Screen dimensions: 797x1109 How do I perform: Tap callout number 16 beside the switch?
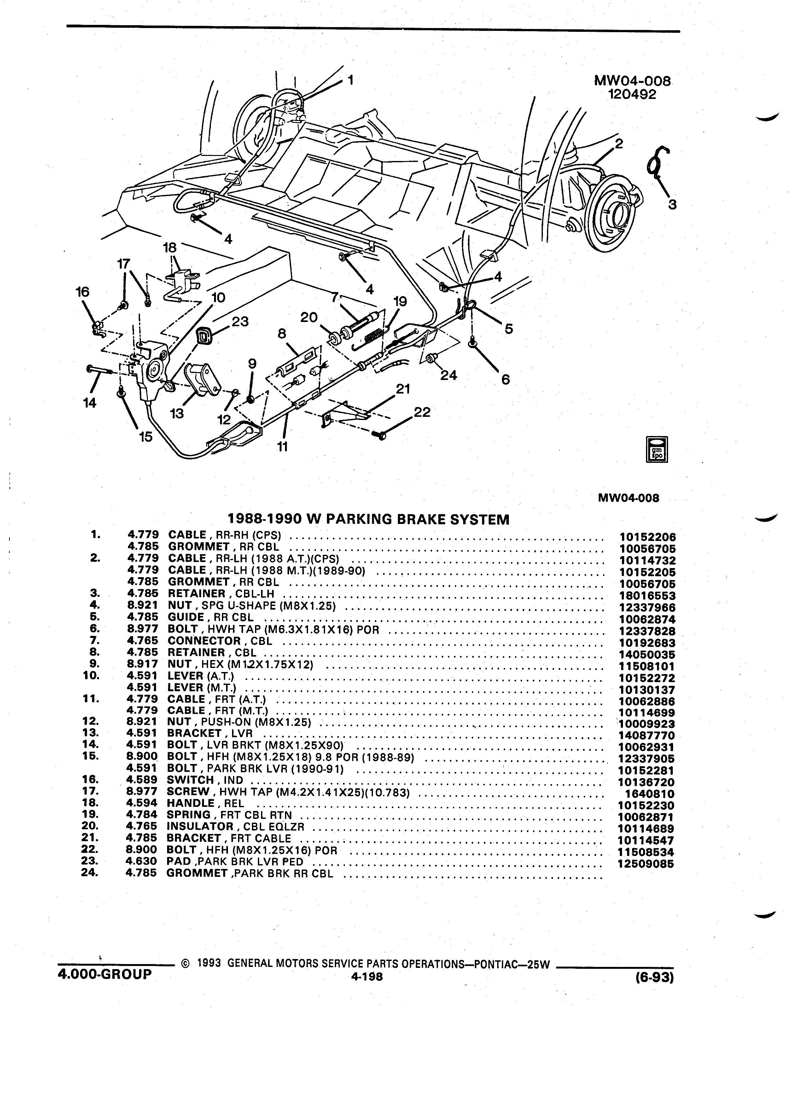tap(82, 292)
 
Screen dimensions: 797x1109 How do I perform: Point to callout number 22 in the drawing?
tap(422, 412)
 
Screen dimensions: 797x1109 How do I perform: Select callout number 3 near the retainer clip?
tap(672, 205)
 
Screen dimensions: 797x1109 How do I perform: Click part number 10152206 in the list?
tap(647, 537)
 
